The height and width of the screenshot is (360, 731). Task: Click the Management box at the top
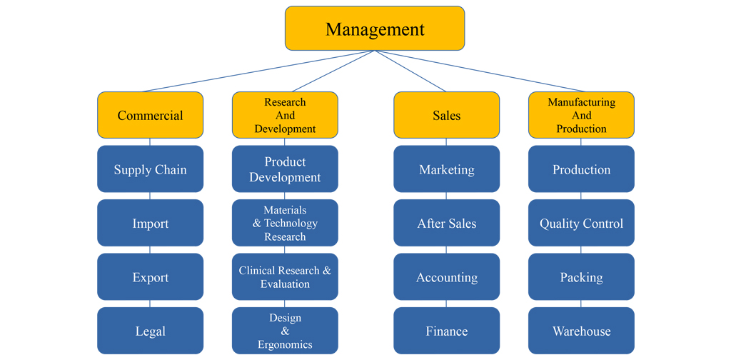pyautogui.click(x=375, y=29)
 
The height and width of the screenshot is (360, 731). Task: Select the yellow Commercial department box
pyautogui.click(x=150, y=115)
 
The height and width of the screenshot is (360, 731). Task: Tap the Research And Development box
pyautogui.click(x=285, y=115)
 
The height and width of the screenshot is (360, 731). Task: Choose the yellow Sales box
pyautogui.click(x=446, y=115)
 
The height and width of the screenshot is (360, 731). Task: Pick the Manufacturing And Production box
pyautogui.click(x=581, y=115)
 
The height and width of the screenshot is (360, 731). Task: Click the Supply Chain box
pyautogui.click(x=150, y=169)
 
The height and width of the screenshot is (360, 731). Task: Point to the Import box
pyautogui.click(x=150, y=223)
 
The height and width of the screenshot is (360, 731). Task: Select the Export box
pyautogui.click(x=150, y=277)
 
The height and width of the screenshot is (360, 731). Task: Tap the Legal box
pyautogui.click(x=150, y=331)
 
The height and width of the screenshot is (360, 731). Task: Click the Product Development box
pyautogui.click(x=285, y=169)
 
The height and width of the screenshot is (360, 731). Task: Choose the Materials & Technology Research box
pyautogui.click(x=285, y=223)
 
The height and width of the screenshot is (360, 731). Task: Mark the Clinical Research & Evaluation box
pyautogui.click(x=285, y=277)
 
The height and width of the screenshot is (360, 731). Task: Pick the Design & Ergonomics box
pyautogui.click(x=285, y=331)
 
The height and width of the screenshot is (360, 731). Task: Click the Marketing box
pyautogui.click(x=446, y=169)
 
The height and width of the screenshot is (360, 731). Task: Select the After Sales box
pyautogui.click(x=446, y=223)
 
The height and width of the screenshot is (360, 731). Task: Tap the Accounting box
pyautogui.click(x=446, y=277)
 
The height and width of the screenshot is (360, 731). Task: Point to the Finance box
pyautogui.click(x=446, y=331)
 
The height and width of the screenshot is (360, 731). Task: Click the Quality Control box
pyautogui.click(x=581, y=223)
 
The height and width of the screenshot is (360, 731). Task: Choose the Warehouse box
pyautogui.click(x=581, y=331)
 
